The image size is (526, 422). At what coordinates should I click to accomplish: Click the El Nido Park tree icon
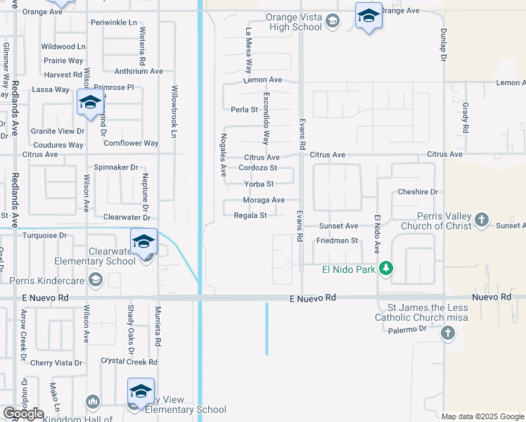pyautogui.click(x=385, y=268)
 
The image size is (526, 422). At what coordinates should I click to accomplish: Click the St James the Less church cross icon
pyautogui.click(x=448, y=333)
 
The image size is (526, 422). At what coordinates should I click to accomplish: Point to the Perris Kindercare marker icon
pyautogui.click(x=96, y=280)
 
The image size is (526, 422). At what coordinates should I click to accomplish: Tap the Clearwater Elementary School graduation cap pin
pyautogui.click(x=143, y=241)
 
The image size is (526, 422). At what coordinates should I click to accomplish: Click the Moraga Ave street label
pyautogui.click(x=264, y=200)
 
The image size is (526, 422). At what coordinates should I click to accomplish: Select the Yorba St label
pyautogui.click(x=259, y=184)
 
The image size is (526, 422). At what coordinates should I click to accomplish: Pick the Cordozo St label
pyautogui.click(x=257, y=168)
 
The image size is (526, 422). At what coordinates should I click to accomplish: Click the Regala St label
pyautogui.click(x=251, y=216)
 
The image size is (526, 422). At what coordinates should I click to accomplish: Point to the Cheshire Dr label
pyautogui.click(x=418, y=192)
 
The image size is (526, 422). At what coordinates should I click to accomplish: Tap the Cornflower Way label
pyautogui.click(x=131, y=143)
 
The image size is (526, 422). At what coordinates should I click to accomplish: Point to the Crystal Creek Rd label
pyautogui.click(x=129, y=362)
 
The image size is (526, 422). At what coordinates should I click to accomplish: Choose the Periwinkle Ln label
pyautogui.click(x=114, y=23)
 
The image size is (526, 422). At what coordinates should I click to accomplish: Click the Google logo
pyautogui.click(x=23, y=414)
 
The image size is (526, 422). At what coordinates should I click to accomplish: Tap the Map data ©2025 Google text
pyautogui.click(x=482, y=416)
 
